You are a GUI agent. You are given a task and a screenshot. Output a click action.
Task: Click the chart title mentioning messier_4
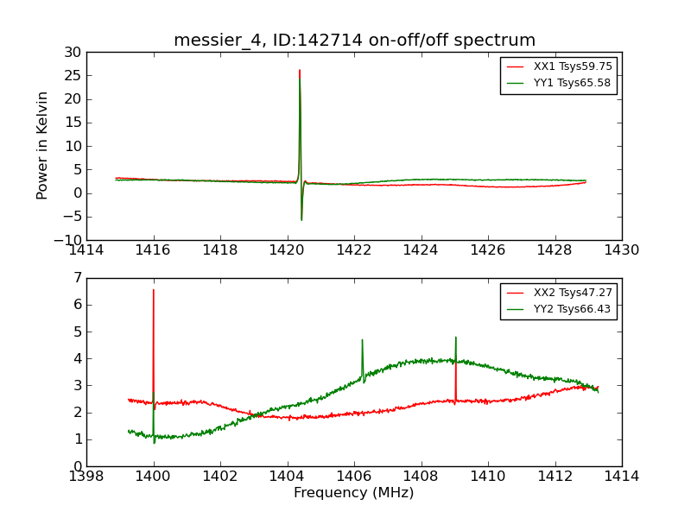(x=354, y=41)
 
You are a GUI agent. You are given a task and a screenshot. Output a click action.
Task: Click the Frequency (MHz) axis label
(x=353, y=493)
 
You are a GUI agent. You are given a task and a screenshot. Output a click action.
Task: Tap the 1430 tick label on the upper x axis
(x=621, y=250)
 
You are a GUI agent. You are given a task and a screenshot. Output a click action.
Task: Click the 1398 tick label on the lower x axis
(x=86, y=477)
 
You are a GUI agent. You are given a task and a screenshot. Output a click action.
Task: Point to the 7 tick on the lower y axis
(x=76, y=278)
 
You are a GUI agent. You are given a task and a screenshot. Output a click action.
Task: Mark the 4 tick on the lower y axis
(x=76, y=358)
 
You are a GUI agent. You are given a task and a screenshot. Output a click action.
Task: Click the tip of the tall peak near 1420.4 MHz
(x=300, y=71)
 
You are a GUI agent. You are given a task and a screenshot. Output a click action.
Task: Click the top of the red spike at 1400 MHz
(x=154, y=290)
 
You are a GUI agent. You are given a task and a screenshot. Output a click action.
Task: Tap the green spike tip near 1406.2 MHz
(x=362, y=340)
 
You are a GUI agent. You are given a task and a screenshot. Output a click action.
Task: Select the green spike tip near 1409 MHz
(x=455, y=338)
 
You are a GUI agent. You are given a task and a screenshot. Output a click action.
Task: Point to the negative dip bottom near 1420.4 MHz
(x=301, y=219)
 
